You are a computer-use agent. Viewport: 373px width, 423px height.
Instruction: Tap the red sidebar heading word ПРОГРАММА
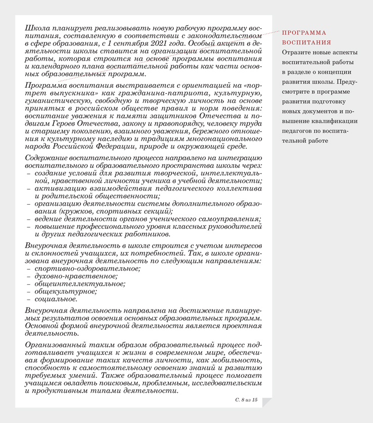pyautogui.click(x=303, y=33)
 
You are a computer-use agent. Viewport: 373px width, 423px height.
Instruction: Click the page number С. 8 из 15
pyautogui.click(x=246, y=399)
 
